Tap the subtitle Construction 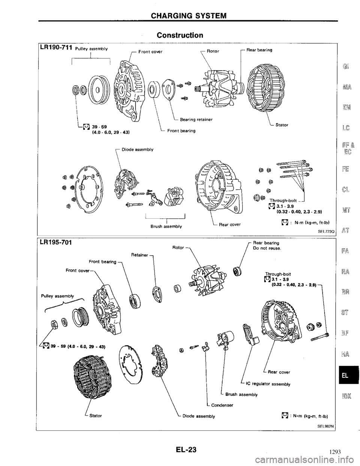click(180, 35)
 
